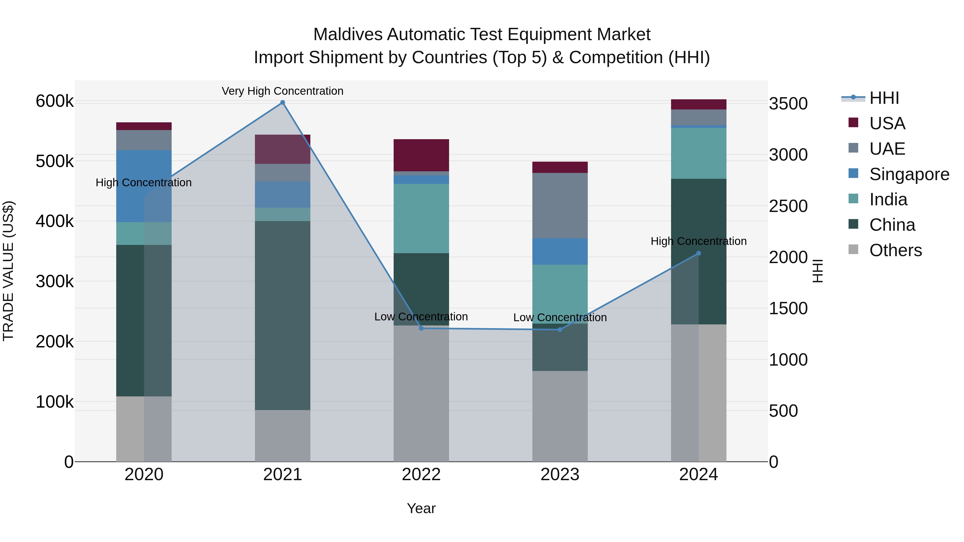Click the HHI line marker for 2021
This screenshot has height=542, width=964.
pos(283,103)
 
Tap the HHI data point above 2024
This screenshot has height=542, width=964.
pos(698,253)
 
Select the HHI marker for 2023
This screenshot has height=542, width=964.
pos(560,329)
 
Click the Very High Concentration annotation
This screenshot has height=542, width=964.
pos(283,91)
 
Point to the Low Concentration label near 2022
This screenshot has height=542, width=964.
pos(421,316)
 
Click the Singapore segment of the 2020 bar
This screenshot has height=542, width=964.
pos(144,186)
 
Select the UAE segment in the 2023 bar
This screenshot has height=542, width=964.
pos(560,205)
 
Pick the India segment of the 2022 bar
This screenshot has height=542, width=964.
pos(421,218)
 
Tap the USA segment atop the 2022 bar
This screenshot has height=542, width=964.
pos(421,155)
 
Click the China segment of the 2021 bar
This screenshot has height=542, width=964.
pos(283,315)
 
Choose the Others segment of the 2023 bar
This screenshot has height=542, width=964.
pos(560,416)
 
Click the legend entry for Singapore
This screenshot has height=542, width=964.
pos(909,174)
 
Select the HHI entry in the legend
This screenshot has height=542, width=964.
pos(884,98)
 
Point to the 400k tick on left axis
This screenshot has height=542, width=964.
pos(55,221)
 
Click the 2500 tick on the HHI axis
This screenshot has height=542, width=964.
pos(788,206)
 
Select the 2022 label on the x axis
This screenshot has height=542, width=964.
pos(421,475)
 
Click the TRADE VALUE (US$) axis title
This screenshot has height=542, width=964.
pos(8,271)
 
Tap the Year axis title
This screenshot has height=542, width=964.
pos(421,508)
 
